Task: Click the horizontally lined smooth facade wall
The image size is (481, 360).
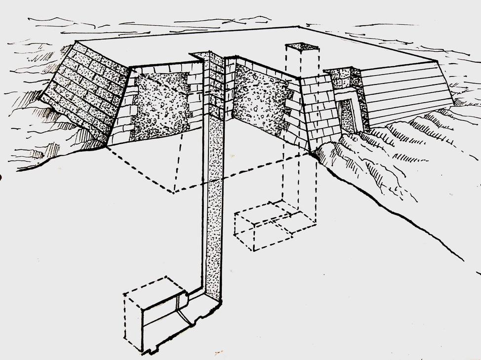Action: point(405,94)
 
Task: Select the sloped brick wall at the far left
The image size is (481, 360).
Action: point(84,89)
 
